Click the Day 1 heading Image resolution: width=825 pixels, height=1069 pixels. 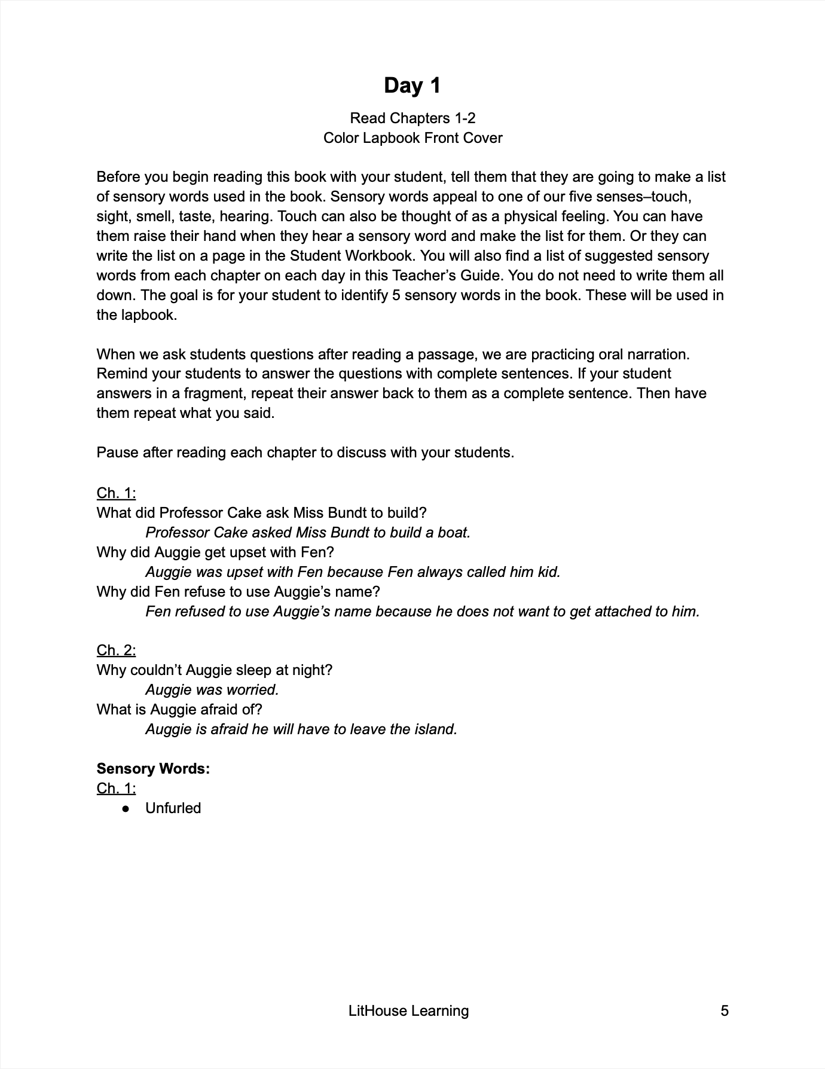click(412, 85)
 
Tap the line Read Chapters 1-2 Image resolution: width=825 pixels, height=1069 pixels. click(412, 118)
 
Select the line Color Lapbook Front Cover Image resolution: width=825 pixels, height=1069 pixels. click(412, 138)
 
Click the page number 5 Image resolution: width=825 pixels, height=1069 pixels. click(725, 1010)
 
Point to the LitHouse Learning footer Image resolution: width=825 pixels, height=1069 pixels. click(408, 1010)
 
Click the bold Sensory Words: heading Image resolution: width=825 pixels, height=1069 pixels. click(153, 768)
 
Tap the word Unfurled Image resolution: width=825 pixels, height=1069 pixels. click(173, 808)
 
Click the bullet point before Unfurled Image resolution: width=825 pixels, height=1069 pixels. click(126, 808)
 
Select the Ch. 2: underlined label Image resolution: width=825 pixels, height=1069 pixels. click(116, 650)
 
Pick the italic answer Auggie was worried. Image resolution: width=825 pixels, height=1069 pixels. click(212, 689)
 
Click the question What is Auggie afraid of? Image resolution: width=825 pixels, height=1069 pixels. click(179, 709)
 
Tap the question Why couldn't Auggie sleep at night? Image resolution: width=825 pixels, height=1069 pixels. click(214, 670)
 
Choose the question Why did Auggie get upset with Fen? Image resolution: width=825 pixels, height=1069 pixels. click(215, 552)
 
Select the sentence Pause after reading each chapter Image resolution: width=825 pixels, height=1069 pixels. click(305, 452)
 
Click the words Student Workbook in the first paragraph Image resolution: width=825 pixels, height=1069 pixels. click(351, 255)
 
